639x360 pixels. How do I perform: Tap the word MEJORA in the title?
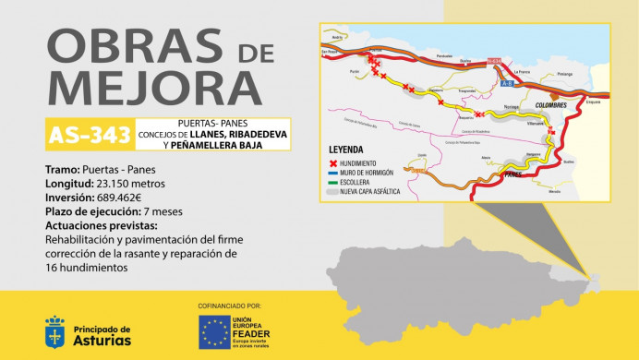click(x=140, y=90)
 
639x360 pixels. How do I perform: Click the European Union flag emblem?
click(x=215, y=332)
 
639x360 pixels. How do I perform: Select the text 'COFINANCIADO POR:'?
click(x=230, y=306)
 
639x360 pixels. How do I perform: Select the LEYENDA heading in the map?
click(x=346, y=150)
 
